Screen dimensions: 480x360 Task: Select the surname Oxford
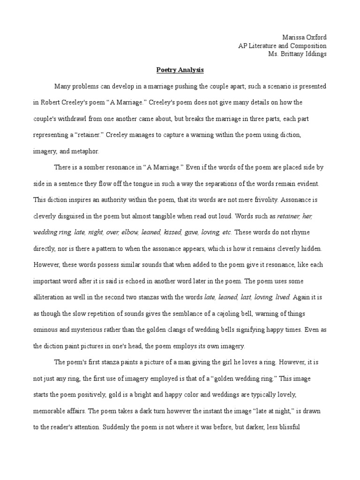click(x=317, y=37)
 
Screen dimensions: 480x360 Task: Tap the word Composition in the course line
click(x=307, y=45)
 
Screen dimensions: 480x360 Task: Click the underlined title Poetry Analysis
click(x=180, y=70)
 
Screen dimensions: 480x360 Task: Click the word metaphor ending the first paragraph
click(x=85, y=151)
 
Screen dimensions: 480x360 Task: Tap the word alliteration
click(x=50, y=297)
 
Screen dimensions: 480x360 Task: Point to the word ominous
click(x=47, y=330)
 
